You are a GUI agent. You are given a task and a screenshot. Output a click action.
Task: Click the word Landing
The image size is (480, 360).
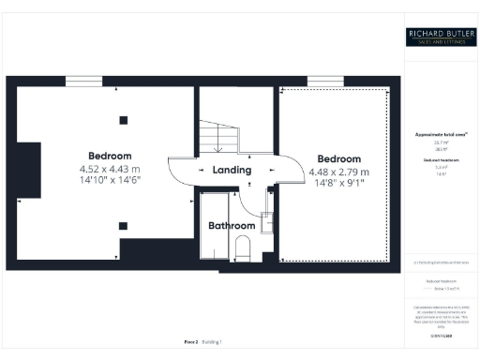coord(232,171)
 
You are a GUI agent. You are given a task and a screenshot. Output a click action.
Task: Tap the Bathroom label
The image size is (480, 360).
coord(232,226)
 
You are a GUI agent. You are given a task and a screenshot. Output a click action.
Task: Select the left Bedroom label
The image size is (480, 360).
coord(110,156)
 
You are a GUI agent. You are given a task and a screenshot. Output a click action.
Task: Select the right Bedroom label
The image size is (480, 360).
coord(338,159)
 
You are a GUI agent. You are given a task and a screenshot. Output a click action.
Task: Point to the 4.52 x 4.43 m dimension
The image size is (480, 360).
coord(110,169)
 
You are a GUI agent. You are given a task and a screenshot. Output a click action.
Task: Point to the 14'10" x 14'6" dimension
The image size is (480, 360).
coord(110,181)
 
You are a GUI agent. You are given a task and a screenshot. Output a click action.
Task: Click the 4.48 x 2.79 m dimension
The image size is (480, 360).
coord(338,172)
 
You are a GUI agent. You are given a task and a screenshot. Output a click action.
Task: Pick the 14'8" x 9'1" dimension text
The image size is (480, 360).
coord(338,184)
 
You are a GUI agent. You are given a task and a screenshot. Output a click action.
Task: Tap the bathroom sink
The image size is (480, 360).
coord(264,221)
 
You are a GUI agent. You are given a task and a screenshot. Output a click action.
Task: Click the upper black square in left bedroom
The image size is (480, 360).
coord(122,119)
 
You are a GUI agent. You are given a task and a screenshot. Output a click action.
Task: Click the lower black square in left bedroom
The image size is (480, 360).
coord(122,225)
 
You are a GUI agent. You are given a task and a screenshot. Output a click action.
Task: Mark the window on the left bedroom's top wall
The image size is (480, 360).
coord(83,81)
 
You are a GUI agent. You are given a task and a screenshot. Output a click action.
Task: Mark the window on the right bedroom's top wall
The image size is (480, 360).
coord(323,81)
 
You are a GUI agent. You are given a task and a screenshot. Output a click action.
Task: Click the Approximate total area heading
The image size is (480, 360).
coord(441,135)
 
